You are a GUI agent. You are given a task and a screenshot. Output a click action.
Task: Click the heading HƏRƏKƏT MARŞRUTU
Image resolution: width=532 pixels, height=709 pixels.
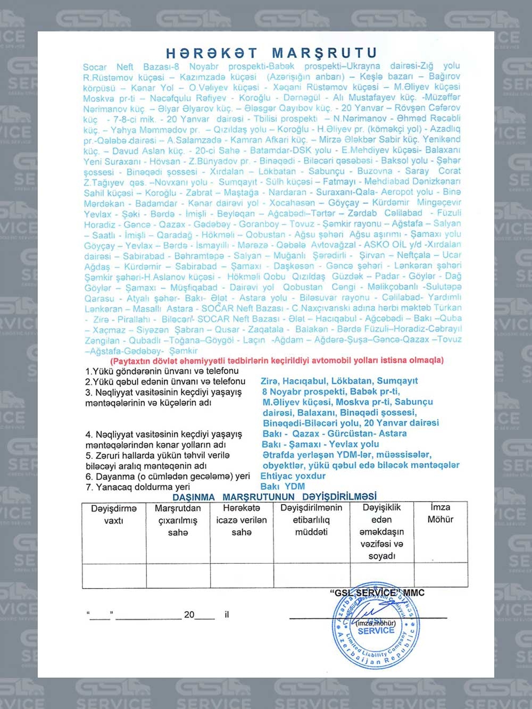(x=271, y=53)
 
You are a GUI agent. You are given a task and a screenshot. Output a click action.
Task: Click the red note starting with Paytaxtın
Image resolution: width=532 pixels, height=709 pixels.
(x=277, y=360)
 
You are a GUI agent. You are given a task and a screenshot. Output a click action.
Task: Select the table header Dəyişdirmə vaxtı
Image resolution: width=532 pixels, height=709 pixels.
(x=113, y=514)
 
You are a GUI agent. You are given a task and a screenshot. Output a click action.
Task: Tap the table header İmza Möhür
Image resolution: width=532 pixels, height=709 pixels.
(x=440, y=513)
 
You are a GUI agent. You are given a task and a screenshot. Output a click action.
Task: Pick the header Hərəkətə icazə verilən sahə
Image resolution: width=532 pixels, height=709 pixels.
(x=242, y=520)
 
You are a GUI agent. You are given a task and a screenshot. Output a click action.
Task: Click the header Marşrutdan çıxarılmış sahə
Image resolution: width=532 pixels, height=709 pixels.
(x=178, y=520)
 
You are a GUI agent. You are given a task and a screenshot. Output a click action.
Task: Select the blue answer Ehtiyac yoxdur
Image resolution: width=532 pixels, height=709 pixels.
(x=293, y=476)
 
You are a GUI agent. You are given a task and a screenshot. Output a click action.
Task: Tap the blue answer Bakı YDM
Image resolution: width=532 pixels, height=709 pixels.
(x=282, y=486)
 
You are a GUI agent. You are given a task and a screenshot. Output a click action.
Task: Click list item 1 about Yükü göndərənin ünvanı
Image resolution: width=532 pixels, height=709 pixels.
(x=162, y=371)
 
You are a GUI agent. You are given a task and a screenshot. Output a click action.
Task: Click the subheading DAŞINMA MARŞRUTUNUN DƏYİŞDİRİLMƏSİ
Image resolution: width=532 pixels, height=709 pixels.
(x=274, y=497)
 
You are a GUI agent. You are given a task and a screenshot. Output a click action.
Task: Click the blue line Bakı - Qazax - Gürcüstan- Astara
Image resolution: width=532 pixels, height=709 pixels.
(x=334, y=433)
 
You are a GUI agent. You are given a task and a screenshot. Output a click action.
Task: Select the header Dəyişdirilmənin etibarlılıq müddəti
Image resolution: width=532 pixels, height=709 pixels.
(x=311, y=520)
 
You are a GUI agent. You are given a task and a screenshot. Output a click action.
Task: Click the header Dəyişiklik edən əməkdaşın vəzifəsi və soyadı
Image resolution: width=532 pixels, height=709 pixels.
(x=381, y=532)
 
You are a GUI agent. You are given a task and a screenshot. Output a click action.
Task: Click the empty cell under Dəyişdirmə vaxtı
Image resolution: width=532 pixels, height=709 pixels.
(x=114, y=575)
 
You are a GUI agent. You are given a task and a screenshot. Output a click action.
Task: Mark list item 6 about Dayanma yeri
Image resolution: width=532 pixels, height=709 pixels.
(x=168, y=476)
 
